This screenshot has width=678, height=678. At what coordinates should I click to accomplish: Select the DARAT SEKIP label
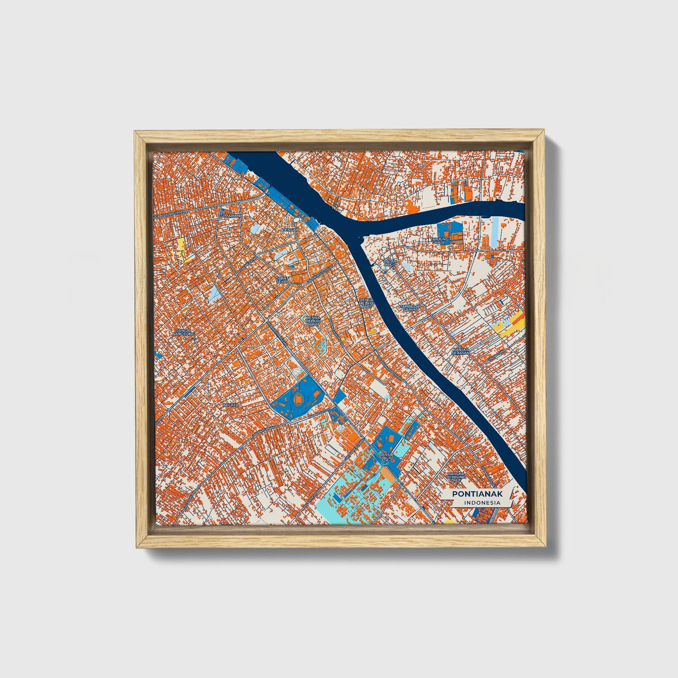282,280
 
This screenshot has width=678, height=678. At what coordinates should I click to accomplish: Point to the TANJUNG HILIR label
440,241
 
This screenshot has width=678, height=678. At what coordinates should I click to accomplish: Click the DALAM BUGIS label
390,263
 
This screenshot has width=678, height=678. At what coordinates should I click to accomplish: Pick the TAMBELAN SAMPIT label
410,308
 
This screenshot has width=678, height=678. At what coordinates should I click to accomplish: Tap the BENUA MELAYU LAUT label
367,303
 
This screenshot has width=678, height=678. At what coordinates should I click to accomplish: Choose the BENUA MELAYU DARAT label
313,321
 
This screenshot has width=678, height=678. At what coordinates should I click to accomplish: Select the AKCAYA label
231,405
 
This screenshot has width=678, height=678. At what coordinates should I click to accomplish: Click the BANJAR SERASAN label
461,351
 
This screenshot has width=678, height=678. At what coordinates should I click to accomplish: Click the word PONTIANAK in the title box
477,494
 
